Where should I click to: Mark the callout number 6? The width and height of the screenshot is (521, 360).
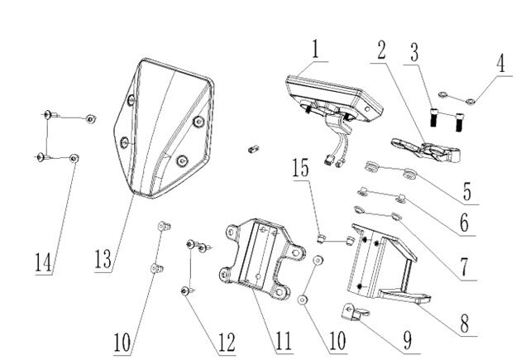464,222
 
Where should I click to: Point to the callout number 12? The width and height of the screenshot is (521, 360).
224,340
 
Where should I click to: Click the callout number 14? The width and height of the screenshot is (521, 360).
43,261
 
